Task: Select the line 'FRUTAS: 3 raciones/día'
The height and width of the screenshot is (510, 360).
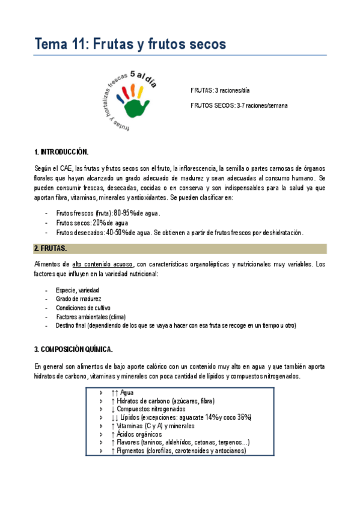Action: click(x=219, y=90)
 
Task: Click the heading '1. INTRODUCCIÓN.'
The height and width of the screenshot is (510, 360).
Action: click(x=61, y=151)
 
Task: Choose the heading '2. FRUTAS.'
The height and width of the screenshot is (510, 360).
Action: click(x=50, y=248)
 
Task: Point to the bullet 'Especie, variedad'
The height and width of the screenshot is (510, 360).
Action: click(x=78, y=290)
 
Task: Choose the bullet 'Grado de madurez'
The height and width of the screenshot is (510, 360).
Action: click(x=79, y=299)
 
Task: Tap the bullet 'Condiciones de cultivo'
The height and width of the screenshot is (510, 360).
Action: click(x=84, y=307)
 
